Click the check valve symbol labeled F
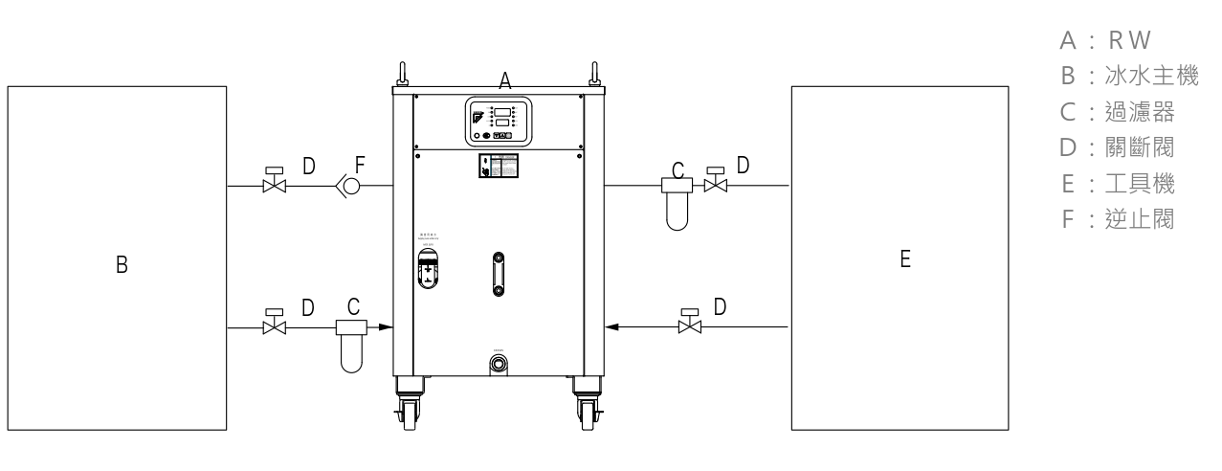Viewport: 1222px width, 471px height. (350, 186)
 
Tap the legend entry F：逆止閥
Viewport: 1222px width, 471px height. (1115, 219)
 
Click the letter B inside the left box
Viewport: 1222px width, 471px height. (122, 264)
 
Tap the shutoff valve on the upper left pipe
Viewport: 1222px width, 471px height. (274, 183)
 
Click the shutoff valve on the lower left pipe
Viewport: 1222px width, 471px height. (274, 325)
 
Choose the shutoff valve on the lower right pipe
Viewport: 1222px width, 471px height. (688, 325)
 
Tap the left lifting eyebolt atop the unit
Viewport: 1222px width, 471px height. (402, 74)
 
